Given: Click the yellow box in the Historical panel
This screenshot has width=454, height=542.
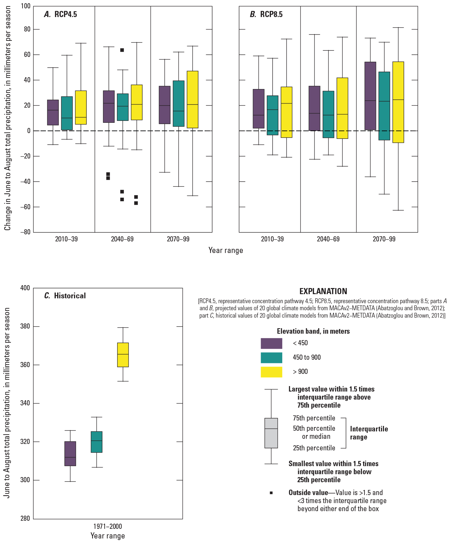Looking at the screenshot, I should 123,355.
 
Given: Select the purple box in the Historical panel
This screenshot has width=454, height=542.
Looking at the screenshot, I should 70,453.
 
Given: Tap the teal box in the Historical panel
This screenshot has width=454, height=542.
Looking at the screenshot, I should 97,442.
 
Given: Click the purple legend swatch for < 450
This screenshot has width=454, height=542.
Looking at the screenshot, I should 271,343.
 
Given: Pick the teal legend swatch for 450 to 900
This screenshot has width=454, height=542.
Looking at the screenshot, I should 271,357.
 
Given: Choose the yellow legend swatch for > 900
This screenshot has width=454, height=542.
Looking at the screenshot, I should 271,372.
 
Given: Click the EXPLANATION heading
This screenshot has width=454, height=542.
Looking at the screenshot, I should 323,291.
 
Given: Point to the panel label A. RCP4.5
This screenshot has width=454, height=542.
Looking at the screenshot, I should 60,14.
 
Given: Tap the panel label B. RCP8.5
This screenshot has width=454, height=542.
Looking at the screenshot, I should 266,14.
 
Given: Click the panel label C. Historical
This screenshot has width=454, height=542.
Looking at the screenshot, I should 65,296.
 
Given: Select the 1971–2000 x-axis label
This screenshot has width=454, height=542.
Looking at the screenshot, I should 108,526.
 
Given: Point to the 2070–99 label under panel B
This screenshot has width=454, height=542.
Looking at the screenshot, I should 384,239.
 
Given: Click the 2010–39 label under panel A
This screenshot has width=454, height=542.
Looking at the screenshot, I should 66,239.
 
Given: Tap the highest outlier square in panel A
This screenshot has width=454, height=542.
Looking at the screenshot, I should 122,50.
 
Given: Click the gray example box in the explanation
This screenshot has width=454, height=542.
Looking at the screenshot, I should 271,433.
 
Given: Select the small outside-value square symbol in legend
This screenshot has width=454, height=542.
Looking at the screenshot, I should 271,493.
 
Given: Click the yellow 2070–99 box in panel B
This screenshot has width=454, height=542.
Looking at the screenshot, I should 398,102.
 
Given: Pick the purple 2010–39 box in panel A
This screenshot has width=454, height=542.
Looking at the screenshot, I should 53,113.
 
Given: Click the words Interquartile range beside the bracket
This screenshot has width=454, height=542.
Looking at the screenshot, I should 369,433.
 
